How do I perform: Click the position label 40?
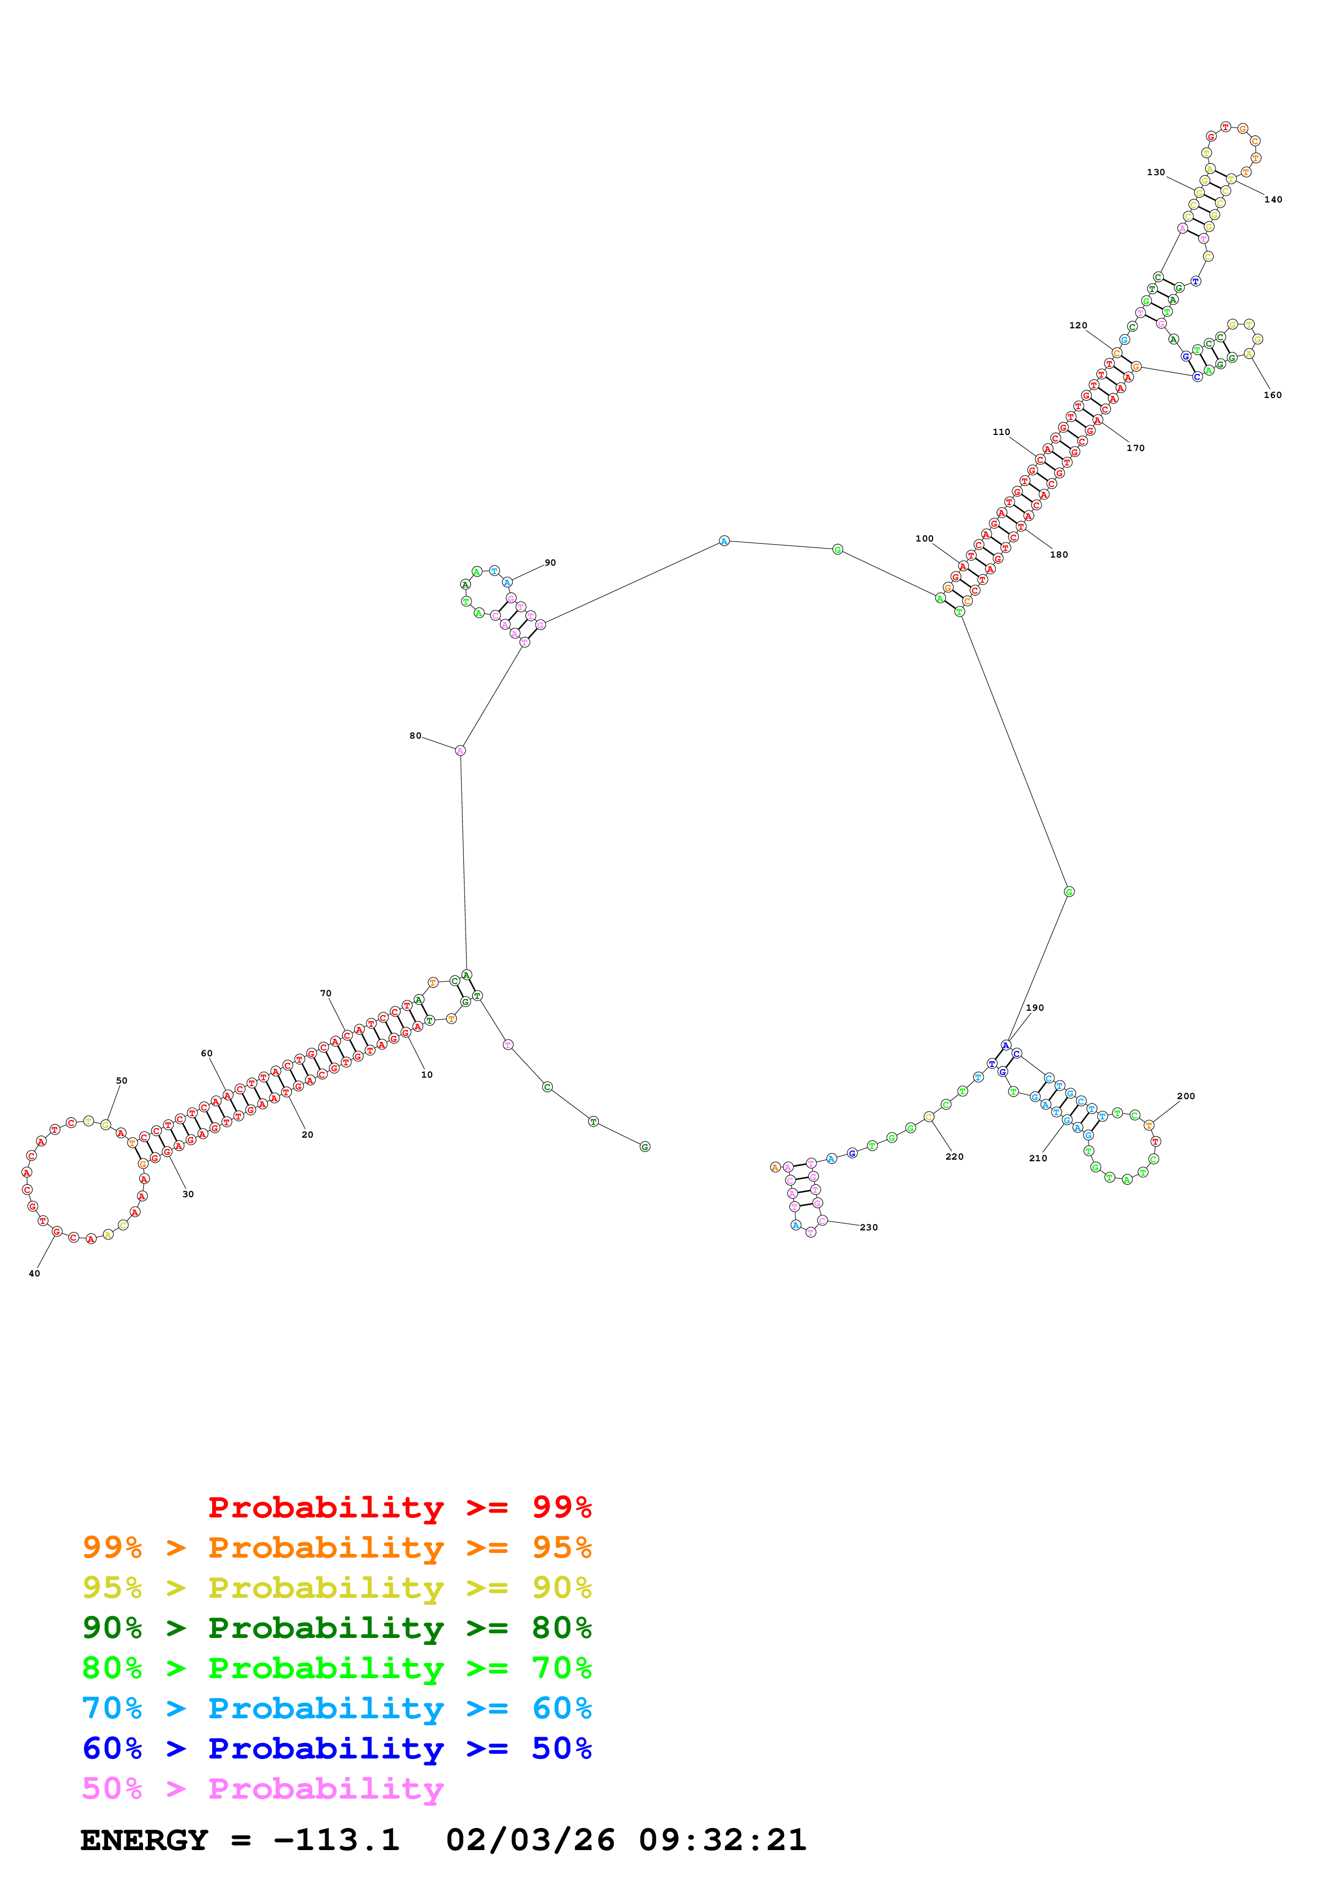[x=34, y=1273]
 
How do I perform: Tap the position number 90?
[x=550, y=563]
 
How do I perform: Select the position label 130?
[x=1156, y=172]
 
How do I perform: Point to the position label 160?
[x=1272, y=395]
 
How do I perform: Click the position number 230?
[x=869, y=1228]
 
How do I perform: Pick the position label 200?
[x=1186, y=1096]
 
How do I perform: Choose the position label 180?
[x=1059, y=555]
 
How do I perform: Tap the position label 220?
[x=954, y=1157]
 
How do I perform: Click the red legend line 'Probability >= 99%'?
[x=399, y=1507]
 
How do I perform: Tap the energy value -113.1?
[x=336, y=1840]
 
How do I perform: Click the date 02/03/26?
[x=530, y=1840]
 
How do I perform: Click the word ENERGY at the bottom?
[x=144, y=1840]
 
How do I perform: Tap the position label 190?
[x=1035, y=1008]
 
